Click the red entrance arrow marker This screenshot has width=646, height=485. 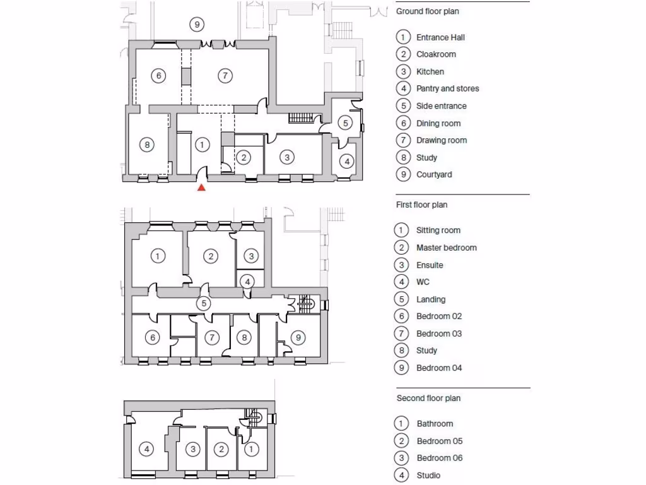point(201,188)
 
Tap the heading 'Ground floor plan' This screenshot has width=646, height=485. point(427,11)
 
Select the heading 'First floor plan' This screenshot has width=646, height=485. point(421,205)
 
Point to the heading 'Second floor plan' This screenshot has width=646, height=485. point(428,398)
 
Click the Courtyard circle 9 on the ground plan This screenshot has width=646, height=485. point(197,25)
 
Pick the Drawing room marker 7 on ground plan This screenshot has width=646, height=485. point(225,76)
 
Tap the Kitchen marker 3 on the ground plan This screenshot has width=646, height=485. point(287,157)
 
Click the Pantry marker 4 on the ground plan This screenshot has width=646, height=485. point(346,162)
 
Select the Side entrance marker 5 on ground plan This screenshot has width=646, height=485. point(345,123)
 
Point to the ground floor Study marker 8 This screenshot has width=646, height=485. point(146,145)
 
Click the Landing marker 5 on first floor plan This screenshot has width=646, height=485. point(203,303)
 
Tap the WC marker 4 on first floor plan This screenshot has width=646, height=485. point(249,281)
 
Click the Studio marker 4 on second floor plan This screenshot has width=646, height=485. point(146,449)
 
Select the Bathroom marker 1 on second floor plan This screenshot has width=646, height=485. point(250,449)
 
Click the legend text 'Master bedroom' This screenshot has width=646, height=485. point(446,248)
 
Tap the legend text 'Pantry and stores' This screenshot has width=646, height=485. point(447,88)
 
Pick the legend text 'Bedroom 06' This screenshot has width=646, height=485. point(439,458)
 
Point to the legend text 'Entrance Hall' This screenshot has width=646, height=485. point(440,37)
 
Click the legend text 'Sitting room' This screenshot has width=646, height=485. point(438,231)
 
